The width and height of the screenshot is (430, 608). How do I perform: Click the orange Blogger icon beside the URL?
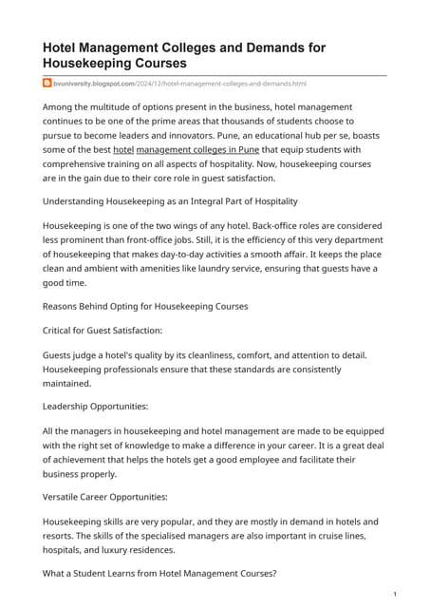tap(47, 84)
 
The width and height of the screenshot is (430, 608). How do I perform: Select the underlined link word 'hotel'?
tap(123, 150)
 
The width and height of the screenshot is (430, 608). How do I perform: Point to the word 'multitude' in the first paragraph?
tap(122, 107)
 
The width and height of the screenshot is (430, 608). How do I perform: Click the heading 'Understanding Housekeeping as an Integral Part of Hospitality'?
tap(171, 200)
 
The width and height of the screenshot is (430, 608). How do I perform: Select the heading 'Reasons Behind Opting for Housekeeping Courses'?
tap(146, 306)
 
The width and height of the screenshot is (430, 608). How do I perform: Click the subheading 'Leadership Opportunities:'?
tap(95, 405)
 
